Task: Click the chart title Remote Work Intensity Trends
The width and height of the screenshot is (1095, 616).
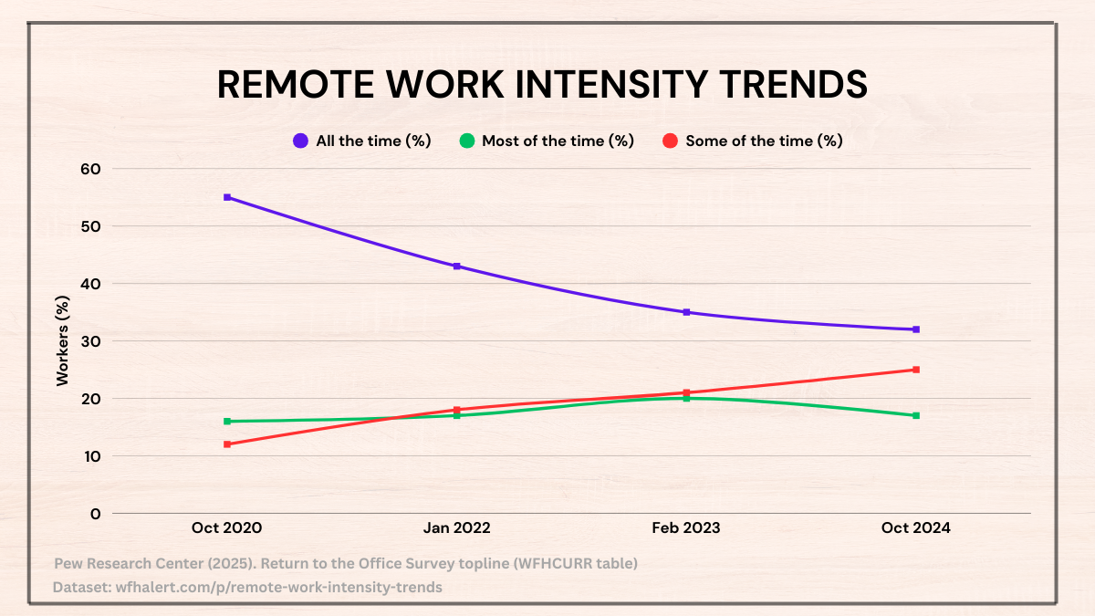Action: pyautogui.click(x=542, y=84)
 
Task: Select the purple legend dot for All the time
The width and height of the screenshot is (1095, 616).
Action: pyautogui.click(x=300, y=141)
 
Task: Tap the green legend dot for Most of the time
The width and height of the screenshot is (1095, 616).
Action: pyautogui.click(x=466, y=141)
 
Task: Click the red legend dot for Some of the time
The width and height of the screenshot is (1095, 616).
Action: pyautogui.click(x=670, y=141)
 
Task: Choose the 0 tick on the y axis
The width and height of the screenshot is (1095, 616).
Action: pyautogui.click(x=95, y=514)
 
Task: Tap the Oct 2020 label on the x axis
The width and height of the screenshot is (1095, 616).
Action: pyautogui.click(x=227, y=527)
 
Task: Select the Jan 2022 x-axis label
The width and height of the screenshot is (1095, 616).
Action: pyautogui.click(x=456, y=527)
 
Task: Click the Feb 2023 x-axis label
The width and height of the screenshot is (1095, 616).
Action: pyautogui.click(x=686, y=527)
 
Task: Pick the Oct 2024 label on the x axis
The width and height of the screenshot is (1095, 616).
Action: pyautogui.click(x=915, y=527)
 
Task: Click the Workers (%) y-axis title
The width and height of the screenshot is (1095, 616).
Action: pyautogui.click(x=63, y=340)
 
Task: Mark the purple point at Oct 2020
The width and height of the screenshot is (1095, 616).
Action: pyautogui.click(x=227, y=197)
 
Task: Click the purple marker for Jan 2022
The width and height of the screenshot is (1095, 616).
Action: pyautogui.click(x=456, y=266)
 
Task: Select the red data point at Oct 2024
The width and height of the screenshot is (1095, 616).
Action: pyautogui.click(x=915, y=370)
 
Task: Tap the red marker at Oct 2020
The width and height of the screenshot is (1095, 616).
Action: pyautogui.click(x=227, y=444)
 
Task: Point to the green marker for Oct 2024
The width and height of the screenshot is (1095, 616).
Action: pyautogui.click(x=915, y=415)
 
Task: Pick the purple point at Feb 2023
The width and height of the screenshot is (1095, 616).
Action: pyautogui.click(x=686, y=312)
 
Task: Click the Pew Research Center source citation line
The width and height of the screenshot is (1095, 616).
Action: pyautogui.click(x=346, y=564)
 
